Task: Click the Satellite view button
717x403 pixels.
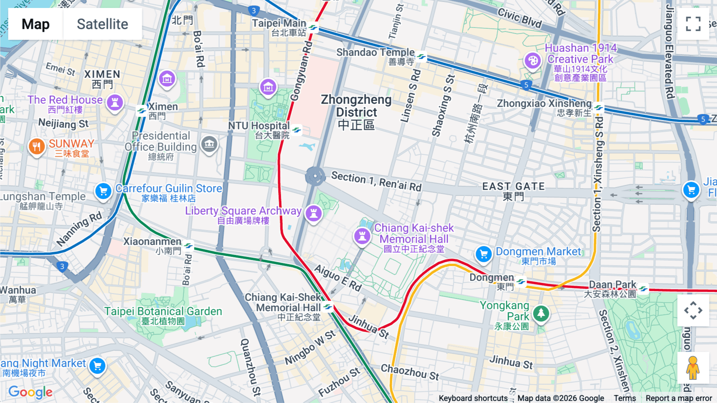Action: click(102, 24)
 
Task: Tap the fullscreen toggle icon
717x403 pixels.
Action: click(693, 24)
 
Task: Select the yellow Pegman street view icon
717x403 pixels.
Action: click(693, 367)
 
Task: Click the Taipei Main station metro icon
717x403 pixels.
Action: click(313, 28)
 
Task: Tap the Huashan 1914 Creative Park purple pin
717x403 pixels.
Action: click(533, 61)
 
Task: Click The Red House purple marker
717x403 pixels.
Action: click(115, 103)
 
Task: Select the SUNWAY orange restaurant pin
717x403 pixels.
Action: click(36, 146)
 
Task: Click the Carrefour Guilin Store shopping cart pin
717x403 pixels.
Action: click(103, 191)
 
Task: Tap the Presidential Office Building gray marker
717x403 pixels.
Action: click(209, 144)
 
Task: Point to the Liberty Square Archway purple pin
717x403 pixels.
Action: click(313, 213)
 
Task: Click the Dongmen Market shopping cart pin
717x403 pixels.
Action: click(484, 254)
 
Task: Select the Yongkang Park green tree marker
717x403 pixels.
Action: click(541, 314)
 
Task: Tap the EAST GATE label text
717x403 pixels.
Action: click(513, 187)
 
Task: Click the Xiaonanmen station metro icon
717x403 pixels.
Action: click(189, 245)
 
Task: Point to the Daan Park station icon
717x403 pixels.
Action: click(643, 288)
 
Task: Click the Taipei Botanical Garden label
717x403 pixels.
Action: click(163, 311)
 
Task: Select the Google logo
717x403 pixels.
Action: click(30, 392)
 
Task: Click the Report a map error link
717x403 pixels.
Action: click(678, 398)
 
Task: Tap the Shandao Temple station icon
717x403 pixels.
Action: click(421, 57)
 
